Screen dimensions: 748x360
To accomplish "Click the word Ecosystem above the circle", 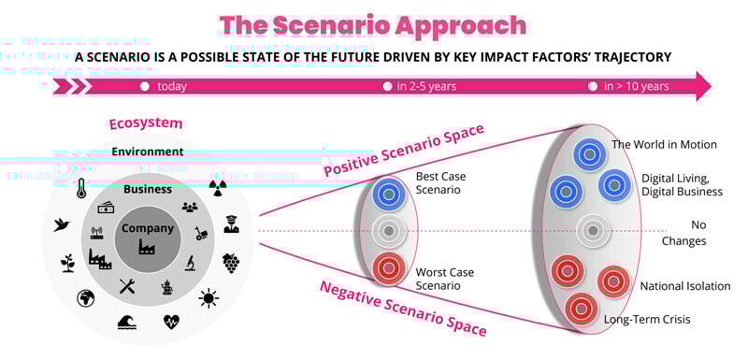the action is [145, 123].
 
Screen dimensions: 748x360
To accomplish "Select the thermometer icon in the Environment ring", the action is [81, 188].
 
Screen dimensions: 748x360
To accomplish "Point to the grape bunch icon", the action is [230, 263].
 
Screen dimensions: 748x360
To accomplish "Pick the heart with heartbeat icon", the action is [172, 323].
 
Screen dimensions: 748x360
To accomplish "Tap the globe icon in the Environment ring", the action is [85, 298].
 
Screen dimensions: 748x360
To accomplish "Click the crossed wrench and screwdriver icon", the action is [128, 286].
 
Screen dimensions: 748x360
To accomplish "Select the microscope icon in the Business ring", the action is [190, 263].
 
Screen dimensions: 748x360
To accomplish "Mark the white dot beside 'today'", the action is [145, 87].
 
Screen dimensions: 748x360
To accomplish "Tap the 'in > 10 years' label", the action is [636, 87].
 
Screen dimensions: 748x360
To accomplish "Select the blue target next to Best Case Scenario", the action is [386, 194].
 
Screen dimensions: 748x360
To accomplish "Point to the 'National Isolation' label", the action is [685, 286].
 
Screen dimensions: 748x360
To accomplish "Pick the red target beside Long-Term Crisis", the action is [582, 308].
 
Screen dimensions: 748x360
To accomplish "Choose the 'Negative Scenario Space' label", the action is [403, 309].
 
